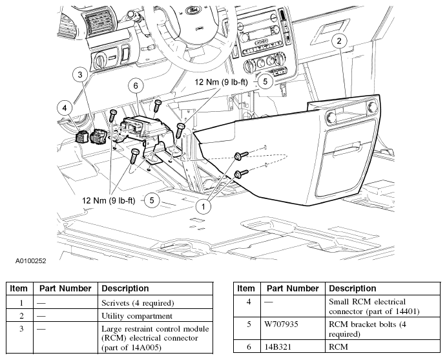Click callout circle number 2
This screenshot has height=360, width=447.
point(340,41)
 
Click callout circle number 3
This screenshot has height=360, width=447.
point(81,76)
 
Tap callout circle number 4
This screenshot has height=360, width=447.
point(65,107)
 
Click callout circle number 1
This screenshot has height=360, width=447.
point(204,207)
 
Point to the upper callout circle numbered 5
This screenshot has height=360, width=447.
point(265,81)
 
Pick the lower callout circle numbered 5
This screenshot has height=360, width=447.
point(152,200)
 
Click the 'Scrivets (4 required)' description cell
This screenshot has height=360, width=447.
point(138,302)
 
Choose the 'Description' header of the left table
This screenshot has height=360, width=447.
point(125,288)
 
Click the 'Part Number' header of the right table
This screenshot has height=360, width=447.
point(292,288)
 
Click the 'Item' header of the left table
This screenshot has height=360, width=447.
point(19,288)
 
